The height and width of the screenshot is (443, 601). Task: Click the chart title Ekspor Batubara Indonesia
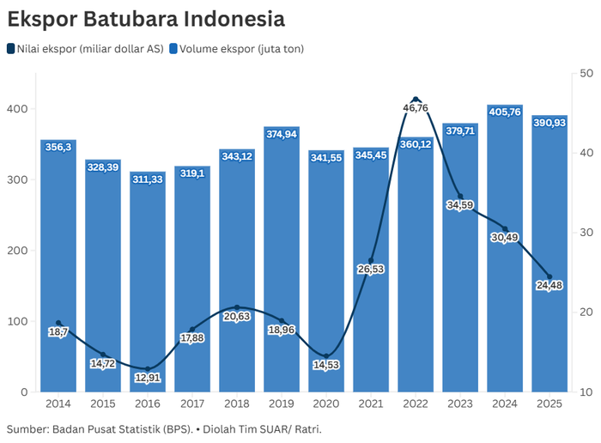point(146,17)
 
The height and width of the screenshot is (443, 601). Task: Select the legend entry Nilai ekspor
point(85,49)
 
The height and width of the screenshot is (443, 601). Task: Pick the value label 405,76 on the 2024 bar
point(504,112)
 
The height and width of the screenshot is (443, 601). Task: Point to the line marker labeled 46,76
point(416,100)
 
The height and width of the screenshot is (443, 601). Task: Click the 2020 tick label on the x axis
point(326,403)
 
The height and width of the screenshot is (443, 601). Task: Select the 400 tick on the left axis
point(17,109)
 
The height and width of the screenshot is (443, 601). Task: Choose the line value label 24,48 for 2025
point(549,286)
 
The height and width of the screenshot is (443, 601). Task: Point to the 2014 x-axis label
point(58,403)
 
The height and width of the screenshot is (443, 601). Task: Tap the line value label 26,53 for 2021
point(371,270)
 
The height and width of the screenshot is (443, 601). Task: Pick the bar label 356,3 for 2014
point(58,147)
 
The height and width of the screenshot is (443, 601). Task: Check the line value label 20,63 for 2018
point(236,316)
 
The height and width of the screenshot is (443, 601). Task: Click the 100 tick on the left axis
point(17,321)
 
